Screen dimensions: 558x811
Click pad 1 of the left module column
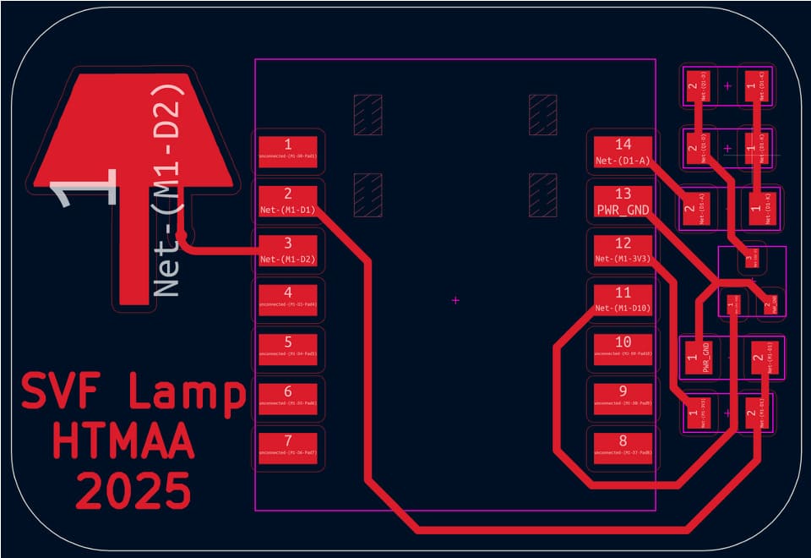[x=287, y=150]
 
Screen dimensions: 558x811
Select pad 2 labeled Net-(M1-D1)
[x=287, y=200]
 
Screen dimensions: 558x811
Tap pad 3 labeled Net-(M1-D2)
[x=287, y=250]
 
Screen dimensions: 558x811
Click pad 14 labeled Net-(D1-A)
[x=623, y=150]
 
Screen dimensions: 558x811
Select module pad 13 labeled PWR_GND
[x=623, y=200]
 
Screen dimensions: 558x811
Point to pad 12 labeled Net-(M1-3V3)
[x=623, y=250]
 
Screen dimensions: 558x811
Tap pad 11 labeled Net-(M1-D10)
[x=623, y=300]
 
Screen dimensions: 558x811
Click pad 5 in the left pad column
[x=287, y=349]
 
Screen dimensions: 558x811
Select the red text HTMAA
[x=123, y=441]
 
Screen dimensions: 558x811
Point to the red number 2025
[x=133, y=490]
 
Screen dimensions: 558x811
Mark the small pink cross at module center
[x=456, y=299]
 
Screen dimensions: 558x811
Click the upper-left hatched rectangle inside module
[x=367, y=114]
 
